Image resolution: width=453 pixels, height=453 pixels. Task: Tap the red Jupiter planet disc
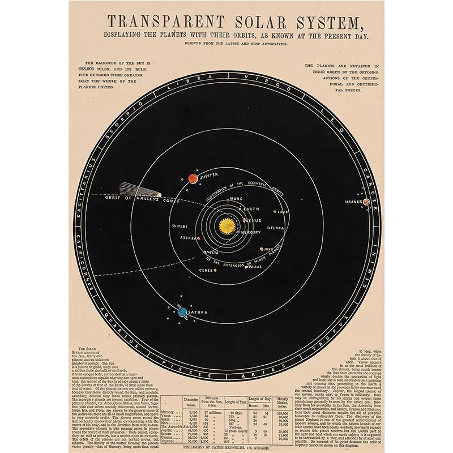coord(192,179)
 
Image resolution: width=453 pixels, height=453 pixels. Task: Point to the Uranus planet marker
coord(366,202)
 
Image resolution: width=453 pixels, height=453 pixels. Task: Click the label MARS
coord(237,199)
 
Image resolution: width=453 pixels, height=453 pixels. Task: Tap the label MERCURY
coord(250,232)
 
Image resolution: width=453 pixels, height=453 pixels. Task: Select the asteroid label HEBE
coord(182,226)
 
